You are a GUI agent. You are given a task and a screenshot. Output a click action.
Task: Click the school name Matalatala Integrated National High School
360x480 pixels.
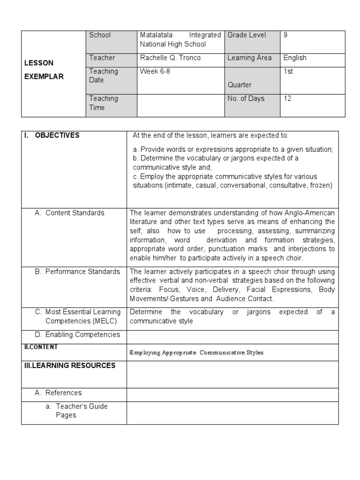pyautogui.click(x=180, y=39)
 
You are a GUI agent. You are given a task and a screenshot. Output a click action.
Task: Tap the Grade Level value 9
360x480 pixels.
pyautogui.click(x=285, y=35)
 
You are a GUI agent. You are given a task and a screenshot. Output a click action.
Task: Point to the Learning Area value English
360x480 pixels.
pyautogui.click(x=295, y=58)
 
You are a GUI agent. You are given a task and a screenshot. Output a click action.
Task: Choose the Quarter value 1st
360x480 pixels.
pyautogui.click(x=288, y=71)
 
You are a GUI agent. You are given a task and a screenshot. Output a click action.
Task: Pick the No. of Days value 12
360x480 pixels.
pyautogui.click(x=287, y=98)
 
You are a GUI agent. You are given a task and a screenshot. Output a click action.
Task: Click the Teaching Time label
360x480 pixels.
pyautogui.click(x=104, y=103)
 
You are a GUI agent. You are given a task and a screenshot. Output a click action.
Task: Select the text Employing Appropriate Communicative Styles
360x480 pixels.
pyautogui.click(x=196, y=352)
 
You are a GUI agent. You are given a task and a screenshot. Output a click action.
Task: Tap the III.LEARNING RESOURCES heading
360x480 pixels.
pyautogui.click(x=69, y=366)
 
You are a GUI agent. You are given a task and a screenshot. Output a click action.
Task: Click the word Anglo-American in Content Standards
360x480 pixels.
pyautogui.click(x=313, y=213)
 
